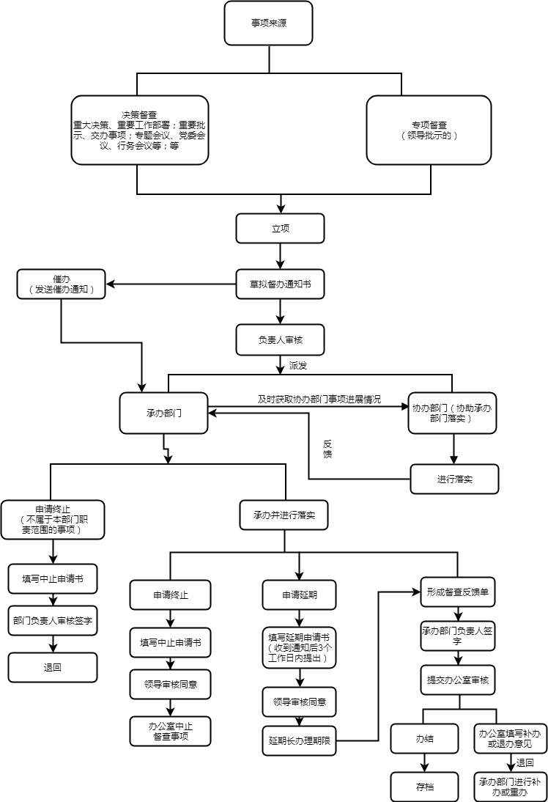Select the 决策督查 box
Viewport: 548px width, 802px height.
(139, 130)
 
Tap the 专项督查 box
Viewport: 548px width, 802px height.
(429, 130)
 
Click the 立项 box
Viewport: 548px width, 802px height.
(280, 228)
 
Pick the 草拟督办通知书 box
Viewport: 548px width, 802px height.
(280, 284)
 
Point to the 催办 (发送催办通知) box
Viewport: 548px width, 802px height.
(61, 284)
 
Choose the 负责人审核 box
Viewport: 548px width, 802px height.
(280, 340)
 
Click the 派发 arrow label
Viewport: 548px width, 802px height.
(298, 364)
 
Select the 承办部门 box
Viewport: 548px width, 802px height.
(163, 413)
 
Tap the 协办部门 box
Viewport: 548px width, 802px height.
(453, 413)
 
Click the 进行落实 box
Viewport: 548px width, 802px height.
(454, 479)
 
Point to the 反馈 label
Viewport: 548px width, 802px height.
(327, 449)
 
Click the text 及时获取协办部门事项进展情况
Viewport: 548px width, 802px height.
(319, 400)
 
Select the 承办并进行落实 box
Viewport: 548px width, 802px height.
(284, 515)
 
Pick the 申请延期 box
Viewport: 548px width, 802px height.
(299, 595)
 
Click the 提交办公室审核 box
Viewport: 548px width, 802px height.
(458, 680)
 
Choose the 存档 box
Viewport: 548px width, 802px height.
(424, 787)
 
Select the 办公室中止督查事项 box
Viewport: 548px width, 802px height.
(170, 731)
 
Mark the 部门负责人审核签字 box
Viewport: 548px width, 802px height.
(53, 620)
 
